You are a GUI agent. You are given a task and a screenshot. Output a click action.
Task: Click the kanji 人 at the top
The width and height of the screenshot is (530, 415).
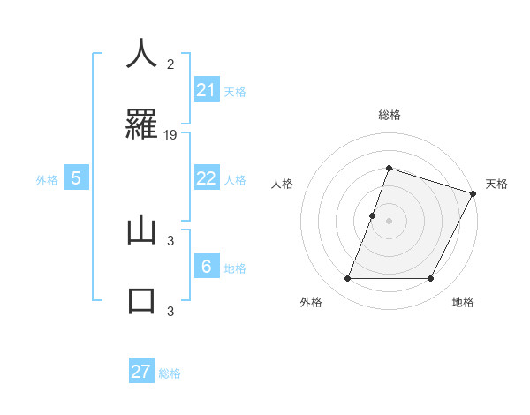[x=141, y=55]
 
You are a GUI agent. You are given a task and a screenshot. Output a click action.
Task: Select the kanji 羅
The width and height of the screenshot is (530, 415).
[x=141, y=123]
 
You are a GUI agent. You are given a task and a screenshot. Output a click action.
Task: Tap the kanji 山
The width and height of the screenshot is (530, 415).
[x=141, y=230]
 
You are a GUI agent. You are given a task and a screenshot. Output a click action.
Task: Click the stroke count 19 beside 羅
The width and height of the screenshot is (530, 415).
[x=171, y=134]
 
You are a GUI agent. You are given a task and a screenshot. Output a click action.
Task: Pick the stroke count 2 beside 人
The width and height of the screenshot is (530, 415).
[x=170, y=64]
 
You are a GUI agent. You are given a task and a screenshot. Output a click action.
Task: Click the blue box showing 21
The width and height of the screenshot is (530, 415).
[x=206, y=90]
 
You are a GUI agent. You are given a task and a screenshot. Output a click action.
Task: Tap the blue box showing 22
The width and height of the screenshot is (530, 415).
[x=206, y=178]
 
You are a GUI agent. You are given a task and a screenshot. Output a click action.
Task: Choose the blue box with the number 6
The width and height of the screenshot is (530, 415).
[x=206, y=267]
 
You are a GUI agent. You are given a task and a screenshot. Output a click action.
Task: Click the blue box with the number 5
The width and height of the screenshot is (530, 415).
[x=76, y=178]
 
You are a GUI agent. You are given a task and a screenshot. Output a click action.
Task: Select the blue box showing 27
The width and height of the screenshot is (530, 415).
[x=141, y=372]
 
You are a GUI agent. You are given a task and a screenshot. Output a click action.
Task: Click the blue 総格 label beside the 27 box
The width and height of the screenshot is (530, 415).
[x=170, y=373]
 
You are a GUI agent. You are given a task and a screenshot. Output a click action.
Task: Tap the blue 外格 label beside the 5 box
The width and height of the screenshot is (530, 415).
[x=47, y=179]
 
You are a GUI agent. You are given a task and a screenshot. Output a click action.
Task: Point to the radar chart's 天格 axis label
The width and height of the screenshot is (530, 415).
[x=496, y=184]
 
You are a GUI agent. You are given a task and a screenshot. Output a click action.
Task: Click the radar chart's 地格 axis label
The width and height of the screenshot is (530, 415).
[x=463, y=302]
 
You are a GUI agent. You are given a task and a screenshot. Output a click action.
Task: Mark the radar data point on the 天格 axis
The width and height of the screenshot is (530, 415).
[x=473, y=193]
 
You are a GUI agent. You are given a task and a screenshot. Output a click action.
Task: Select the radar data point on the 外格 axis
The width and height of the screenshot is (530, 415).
[x=347, y=279]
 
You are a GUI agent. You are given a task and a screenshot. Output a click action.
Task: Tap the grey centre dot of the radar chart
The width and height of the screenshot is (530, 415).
[x=389, y=221]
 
